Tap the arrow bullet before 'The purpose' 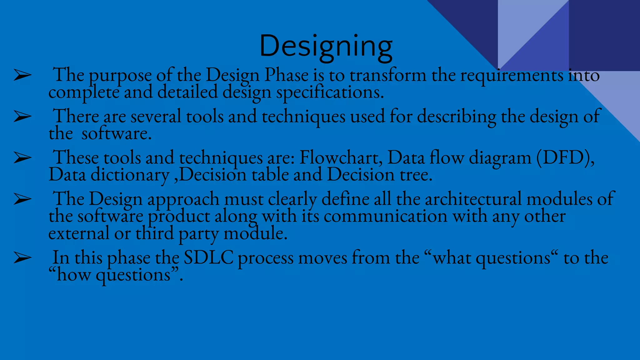pyautogui.click(x=22, y=76)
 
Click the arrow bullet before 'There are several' pyautogui.click(x=22, y=117)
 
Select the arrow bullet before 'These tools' pyautogui.click(x=22, y=158)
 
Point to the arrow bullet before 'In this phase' pyautogui.click(x=22, y=258)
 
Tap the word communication pyautogui.click(x=385, y=216)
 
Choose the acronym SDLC pyautogui.click(x=208, y=258)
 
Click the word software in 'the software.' pyautogui.click(x=116, y=134)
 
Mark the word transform pyautogui.click(x=387, y=75)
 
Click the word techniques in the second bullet pyautogui.click(x=303, y=117)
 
